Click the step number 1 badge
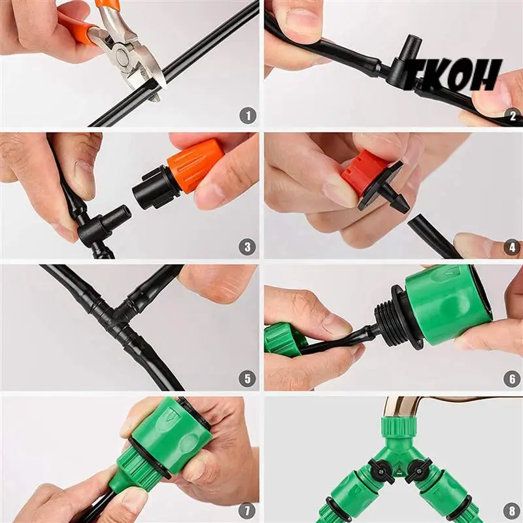click(248, 116)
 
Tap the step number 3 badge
click(248, 247)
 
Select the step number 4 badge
click(513, 247)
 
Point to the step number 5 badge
click(248, 379)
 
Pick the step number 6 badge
click(513, 379)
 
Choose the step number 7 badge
click(248, 511)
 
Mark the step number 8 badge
click(513, 511)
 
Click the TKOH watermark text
click(452, 75)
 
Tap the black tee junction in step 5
click(118, 314)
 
